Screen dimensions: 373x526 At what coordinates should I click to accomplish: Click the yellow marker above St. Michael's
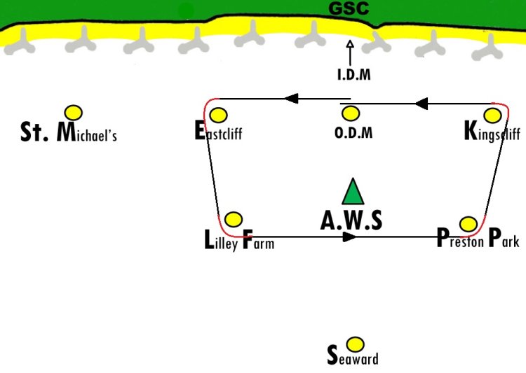pyautogui.click(x=73, y=112)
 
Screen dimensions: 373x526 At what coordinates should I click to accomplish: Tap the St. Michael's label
pyautogui.click(x=68, y=132)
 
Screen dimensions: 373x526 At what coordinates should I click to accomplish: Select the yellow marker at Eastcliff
pyautogui.click(x=218, y=115)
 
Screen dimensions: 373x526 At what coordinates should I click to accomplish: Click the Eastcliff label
pyautogui.click(x=218, y=132)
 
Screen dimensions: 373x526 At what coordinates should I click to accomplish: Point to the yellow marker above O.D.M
pyautogui.click(x=351, y=113)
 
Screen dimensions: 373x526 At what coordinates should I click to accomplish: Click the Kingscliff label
pyautogui.click(x=492, y=132)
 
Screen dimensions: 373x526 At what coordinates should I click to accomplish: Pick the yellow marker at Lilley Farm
pyautogui.click(x=234, y=219)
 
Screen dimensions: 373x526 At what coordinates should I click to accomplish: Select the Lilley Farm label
pyautogui.click(x=238, y=241)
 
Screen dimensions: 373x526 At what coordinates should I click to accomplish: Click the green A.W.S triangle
pyautogui.click(x=352, y=192)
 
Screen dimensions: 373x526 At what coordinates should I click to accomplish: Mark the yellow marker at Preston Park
pyautogui.click(x=468, y=224)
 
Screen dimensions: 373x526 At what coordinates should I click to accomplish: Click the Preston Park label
pyautogui.click(x=477, y=240)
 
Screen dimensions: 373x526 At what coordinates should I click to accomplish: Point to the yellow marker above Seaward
pyautogui.click(x=356, y=344)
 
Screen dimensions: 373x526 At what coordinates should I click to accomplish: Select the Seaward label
pyautogui.click(x=353, y=357)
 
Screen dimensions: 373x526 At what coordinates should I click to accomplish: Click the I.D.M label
pyautogui.click(x=353, y=75)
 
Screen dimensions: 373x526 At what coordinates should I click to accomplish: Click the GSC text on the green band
pyautogui.click(x=349, y=10)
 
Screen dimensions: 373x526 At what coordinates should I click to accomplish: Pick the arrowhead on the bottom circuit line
pyautogui.click(x=349, y=237)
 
